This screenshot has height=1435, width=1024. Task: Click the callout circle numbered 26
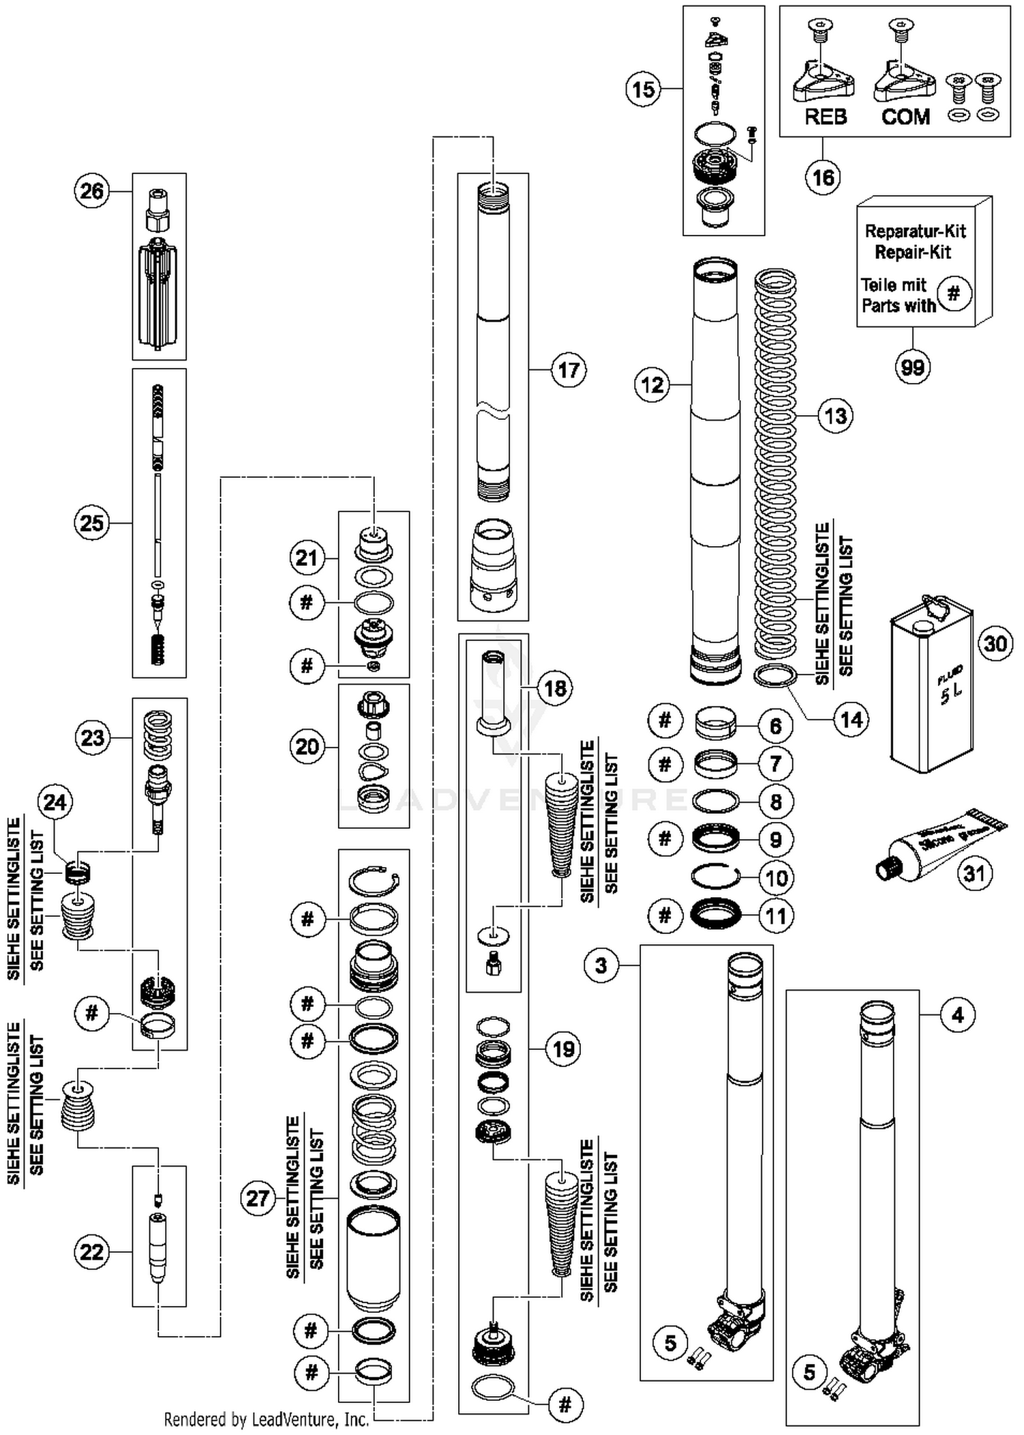coord(92,191)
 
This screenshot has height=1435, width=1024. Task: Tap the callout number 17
coord(568,370)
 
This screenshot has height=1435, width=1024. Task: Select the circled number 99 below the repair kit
coord(913,367)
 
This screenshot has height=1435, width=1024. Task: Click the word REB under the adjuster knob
coord(825,117)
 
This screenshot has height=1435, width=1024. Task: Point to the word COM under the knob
coord(905,117)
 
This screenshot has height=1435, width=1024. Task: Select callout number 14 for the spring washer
coord(851,720)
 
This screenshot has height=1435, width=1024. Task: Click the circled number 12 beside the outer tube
coord(652,385)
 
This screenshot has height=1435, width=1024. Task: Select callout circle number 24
coord(55,801)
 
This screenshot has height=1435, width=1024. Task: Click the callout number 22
coord(92,1252)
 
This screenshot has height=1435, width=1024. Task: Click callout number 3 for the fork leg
coord(601,965)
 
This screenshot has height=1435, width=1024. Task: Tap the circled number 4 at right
coord(958,1015)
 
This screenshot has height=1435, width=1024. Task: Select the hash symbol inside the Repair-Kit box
coord(954,294)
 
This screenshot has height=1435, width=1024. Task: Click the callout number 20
coord(307,746)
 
